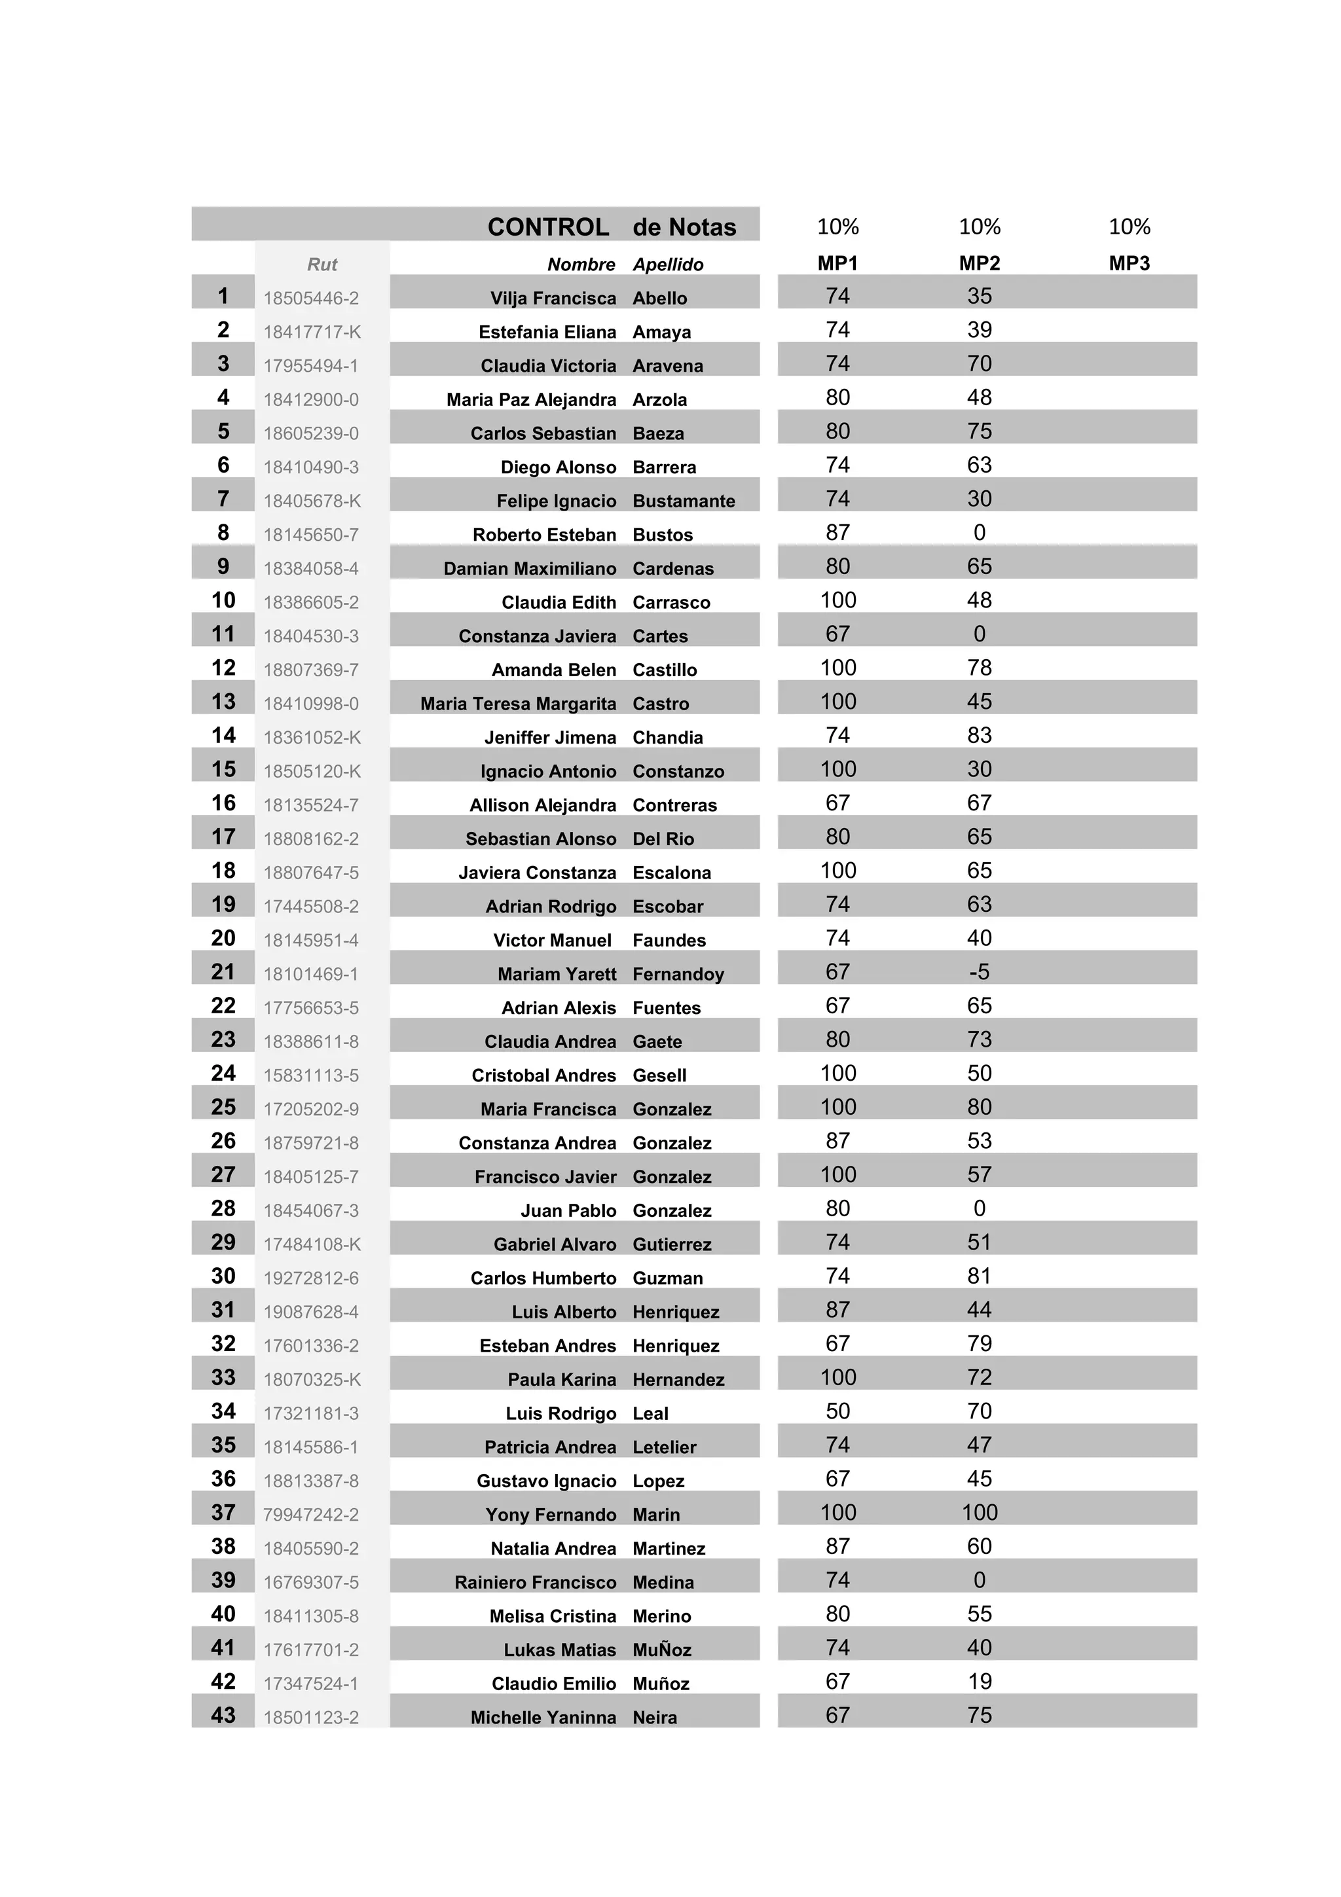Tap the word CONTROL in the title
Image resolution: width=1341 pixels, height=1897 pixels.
point(548,227)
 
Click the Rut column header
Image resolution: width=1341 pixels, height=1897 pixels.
point(322,264)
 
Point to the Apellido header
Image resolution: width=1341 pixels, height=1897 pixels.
point(668,264)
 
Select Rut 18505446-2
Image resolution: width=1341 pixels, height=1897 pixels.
point(310,298)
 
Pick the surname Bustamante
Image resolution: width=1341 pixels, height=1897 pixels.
point(684,501)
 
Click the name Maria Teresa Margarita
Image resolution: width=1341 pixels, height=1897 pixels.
point(518,704)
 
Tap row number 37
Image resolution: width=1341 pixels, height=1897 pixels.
point(223,1512)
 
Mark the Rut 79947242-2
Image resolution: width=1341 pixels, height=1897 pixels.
point(310,1515)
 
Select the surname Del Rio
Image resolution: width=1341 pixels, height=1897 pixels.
point(663,839)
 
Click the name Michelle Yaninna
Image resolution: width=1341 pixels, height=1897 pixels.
point(543,1717)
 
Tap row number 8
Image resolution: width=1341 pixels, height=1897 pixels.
point(223,532)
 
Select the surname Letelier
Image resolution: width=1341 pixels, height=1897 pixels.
point(665,1447)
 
